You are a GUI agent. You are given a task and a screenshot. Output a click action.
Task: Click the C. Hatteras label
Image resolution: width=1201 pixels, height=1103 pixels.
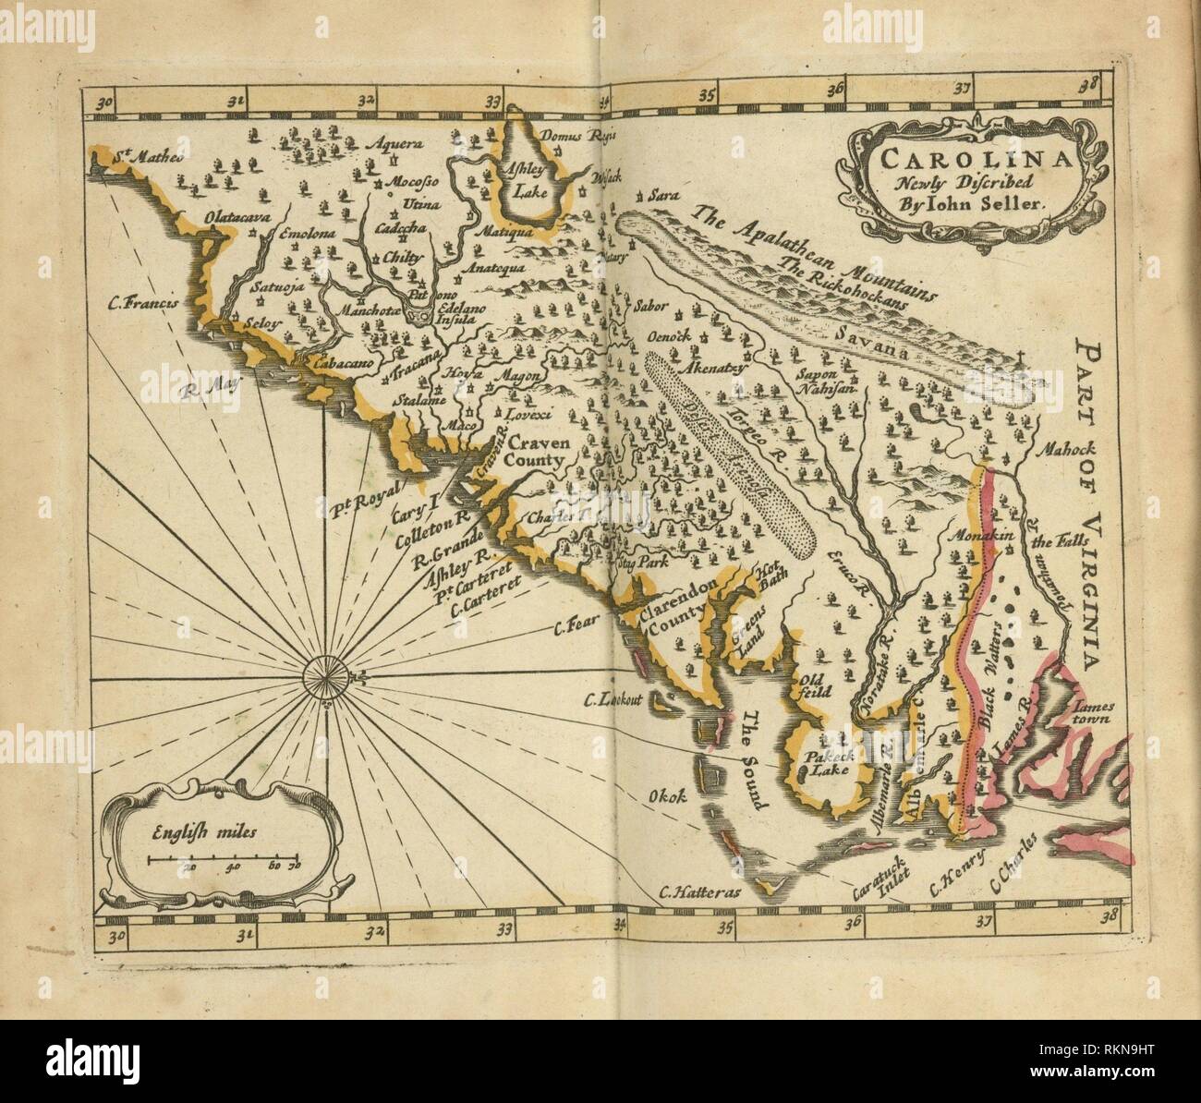(x=695, y=893)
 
